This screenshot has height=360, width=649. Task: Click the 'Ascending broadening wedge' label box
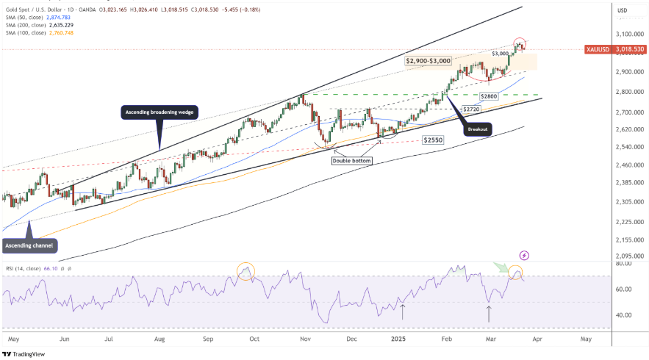[x=159, y=112]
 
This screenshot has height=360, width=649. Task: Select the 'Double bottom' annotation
[x=352, y=160]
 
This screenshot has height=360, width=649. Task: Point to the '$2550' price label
[x=433, y=139]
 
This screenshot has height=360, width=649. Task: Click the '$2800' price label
[x=489, y=97]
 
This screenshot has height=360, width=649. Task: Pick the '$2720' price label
[x=472, y=109]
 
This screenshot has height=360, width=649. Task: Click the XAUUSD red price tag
[x=614, y=49]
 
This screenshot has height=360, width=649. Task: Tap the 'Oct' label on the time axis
[x=254, y=339]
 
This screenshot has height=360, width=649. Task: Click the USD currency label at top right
[x=623, y=10]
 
